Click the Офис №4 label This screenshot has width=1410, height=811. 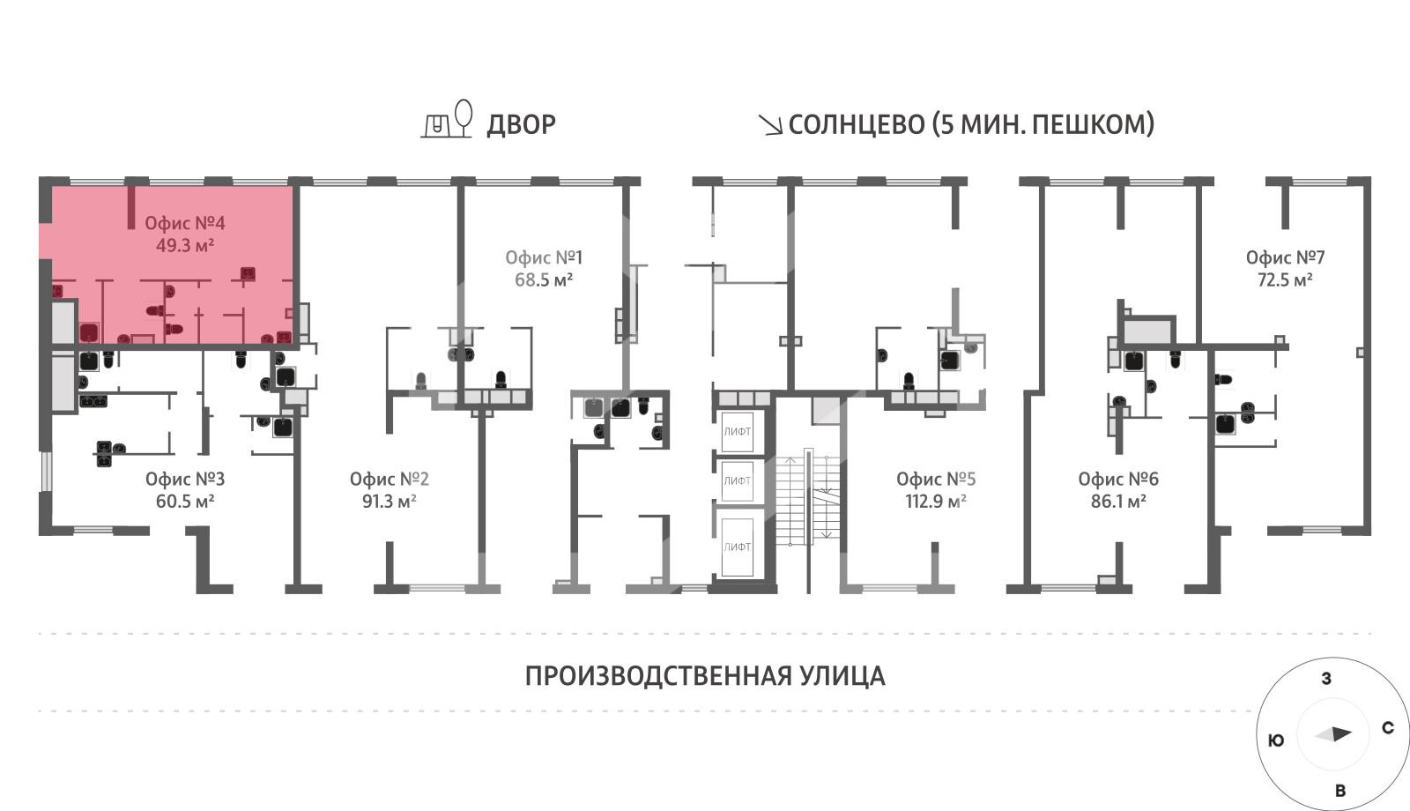(x=185, y=223)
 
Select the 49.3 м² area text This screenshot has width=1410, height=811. (x=185, y=246)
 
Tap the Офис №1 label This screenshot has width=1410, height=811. (x=544, y=257)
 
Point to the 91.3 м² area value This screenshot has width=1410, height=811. (x=389, y=502)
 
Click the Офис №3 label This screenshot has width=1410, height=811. (x=185, y=479)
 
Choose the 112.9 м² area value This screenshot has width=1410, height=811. (x=936, y=502)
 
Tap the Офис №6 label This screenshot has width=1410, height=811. (x=1118, y=479)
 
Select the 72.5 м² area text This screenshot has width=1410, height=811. (x=1285, y=280)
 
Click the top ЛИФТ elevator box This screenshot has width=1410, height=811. (x=738, y=431)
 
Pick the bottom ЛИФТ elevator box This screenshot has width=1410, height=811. (x=738, y=547)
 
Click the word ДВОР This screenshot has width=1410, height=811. (x=521, y=125)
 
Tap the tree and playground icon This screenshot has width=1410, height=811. (x=448, y=120)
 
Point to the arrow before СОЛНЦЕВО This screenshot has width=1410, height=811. (x=771, y=126)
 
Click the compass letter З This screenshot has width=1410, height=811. (x=1326, y=679)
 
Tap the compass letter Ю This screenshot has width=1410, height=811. (x=1275, y=740)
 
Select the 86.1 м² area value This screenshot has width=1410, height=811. (x=1118, y=502)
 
